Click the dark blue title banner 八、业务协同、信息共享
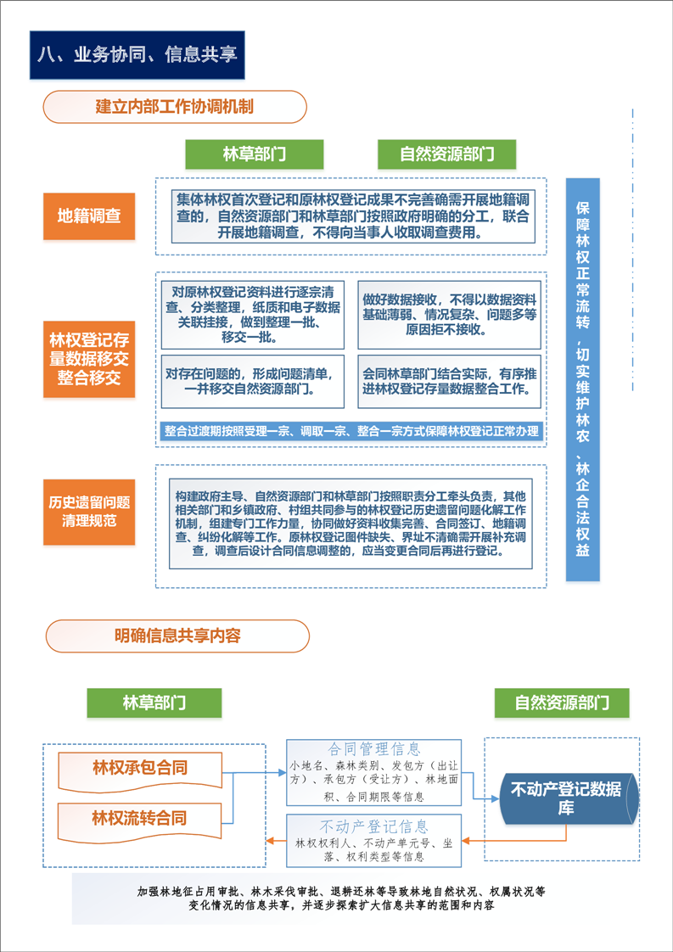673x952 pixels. [x=137, y=55]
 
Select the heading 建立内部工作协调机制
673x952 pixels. [x=175, y=107]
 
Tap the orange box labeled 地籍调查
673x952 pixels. [x=88, y=216]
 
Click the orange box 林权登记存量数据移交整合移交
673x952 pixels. [x=88, y=359]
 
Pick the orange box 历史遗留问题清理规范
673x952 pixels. [x=88, y=512]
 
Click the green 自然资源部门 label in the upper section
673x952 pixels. [x=446, y=154]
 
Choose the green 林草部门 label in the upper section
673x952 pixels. [x=255, y=154]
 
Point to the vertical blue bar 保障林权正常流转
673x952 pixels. [x=582, y=379]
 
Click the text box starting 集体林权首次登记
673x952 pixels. [x=352, y=216]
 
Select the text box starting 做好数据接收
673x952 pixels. [x=450, y=315]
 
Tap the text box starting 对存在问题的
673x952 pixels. [x=253, y=381]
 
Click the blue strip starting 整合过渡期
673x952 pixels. [x=351, y=432]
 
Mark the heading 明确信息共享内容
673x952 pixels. [x=177, y=636]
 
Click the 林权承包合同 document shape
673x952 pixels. [x=140, y=769]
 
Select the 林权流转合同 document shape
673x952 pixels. [x=140, y=820]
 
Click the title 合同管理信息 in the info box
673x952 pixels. [x=374, y=748]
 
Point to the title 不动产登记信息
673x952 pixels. [x=374, y=826]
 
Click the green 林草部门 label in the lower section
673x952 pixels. [x=154, y=703]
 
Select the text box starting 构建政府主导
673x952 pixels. [x=351, y=524]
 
